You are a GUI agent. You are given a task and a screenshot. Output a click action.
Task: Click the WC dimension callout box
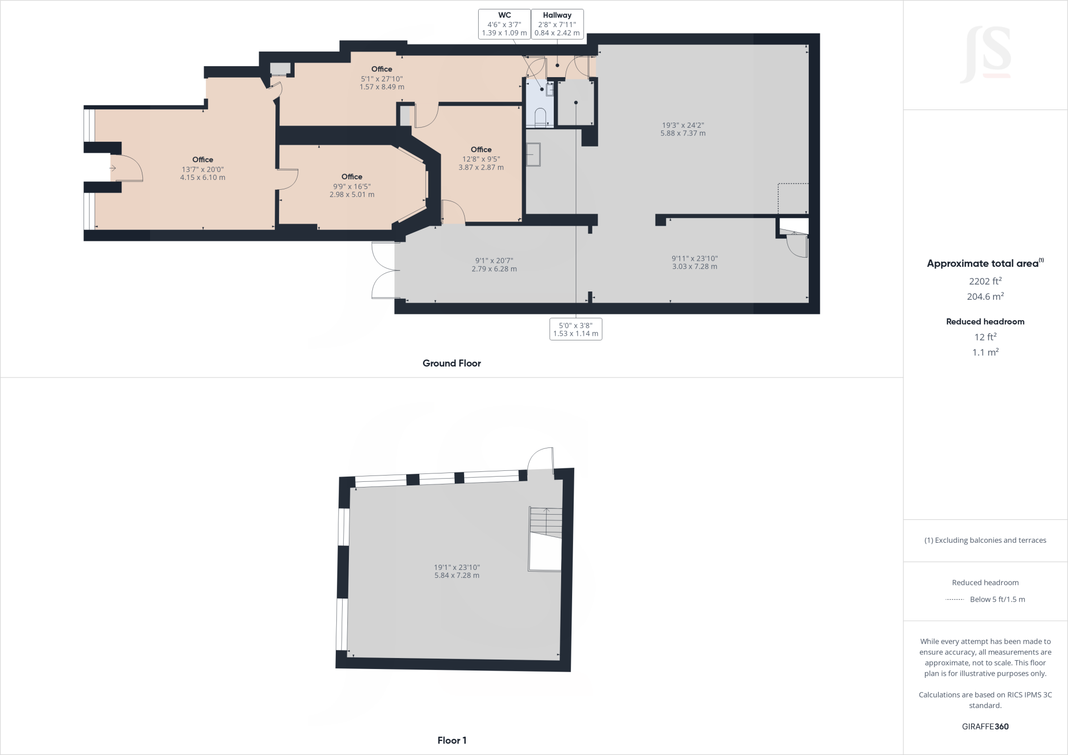click(x=504, y=24)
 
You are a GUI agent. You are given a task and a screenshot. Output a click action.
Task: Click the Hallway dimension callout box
click(x=557, y=24)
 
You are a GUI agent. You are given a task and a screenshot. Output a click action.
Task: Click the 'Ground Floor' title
click(x=452, y=363)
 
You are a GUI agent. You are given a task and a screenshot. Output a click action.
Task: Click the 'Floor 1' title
click(x=452, y=740)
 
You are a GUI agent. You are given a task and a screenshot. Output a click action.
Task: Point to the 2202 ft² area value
click(x=985, y=281)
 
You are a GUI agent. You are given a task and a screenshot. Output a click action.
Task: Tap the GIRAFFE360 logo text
click(x=985, y=726)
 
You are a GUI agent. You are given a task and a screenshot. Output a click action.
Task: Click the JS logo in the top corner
click(x=985, y=55)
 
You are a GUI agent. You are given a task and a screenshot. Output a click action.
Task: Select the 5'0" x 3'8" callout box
click(x=576, y=329)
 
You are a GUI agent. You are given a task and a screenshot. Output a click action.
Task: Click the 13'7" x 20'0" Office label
click(x=202, y=168)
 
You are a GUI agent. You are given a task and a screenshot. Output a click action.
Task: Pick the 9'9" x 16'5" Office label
click(x=352, y=186)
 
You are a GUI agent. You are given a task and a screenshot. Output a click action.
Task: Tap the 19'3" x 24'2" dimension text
click(x=683, y=129)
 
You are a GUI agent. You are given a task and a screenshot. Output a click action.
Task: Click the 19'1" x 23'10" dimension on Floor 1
click(x=457, y=571)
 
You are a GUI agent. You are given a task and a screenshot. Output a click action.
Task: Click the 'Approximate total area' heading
click(x=985, y=263)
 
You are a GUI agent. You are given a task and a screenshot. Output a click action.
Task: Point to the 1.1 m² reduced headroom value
click(x=985, y=352)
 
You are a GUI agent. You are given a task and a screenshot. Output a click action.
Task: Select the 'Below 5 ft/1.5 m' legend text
click(x=997, y=599)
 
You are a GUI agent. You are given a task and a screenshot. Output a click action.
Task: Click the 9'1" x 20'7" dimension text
click(x=494, y=264)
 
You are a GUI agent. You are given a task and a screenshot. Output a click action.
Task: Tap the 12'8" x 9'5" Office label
click(x=481, y=159)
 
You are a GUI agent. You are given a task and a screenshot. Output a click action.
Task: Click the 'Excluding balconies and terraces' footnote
click(x=985, y=540)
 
